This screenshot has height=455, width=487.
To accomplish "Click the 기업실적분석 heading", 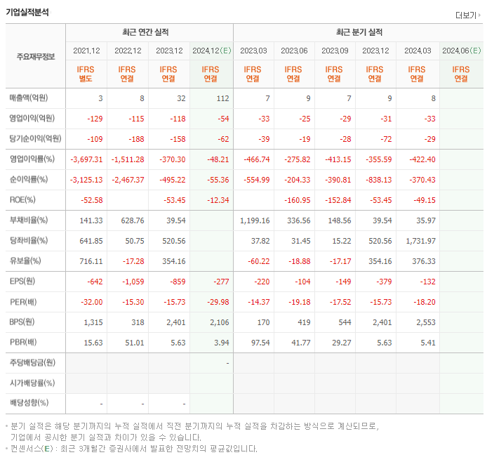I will coord(27,12).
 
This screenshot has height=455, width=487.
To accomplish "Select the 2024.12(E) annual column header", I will coord(211,51).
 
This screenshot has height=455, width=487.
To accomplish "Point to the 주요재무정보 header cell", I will coord(36,57).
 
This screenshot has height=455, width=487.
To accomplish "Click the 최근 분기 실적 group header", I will coord(359,32).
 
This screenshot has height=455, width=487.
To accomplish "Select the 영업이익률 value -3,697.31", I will coord(87,159).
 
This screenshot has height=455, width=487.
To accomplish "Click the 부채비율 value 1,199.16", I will coord(255,220).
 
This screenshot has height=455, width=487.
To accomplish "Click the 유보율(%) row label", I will coord(25,261).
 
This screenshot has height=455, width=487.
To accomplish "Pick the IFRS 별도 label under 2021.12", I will coord(87,74).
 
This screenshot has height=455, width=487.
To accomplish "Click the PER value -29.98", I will coord(215,302).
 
